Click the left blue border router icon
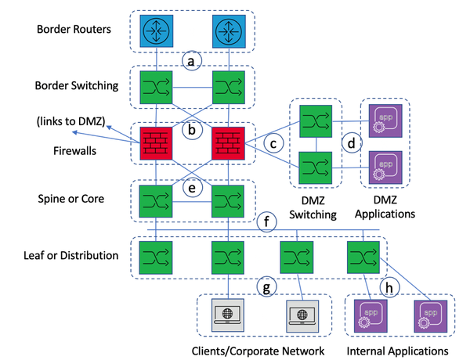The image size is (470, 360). click(154, 31)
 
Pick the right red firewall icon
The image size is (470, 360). click(226, 143)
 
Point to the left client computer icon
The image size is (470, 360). click(227, 317)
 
